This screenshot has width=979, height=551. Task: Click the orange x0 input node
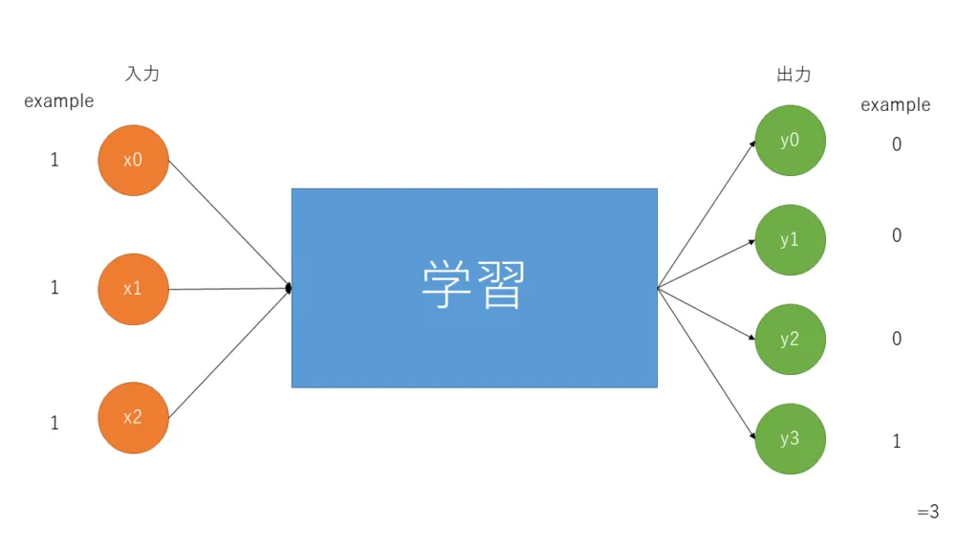pyautogui.click(x=133, y=160)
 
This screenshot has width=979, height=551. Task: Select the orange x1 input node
pyautogui.click(x=133, y=288)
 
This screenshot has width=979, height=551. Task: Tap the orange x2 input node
pyautogui.click(x=133, y=417)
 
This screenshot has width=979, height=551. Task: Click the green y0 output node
pyautogui.click(x=790, y=140)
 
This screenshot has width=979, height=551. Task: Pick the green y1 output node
pyautogui.click(x=790, y=240)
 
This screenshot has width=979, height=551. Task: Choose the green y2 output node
pyautogui.click(x=790, y=339)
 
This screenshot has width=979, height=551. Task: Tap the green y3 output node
pyautogui.click(x=790, y=439)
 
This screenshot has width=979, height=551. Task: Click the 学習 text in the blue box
pyautogui.click(x=474, y=285)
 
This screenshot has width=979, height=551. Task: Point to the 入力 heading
pyautogui.click(x=142, y=74)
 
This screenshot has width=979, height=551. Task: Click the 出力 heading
pyautogui.click(x=794, y=74)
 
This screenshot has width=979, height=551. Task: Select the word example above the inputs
pyautogui.click(x=59, y=101)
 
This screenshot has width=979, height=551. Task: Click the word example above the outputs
pyautogui.click(x=895, y=105)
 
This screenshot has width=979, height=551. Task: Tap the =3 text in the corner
pyautogui.click(x=927, y=513)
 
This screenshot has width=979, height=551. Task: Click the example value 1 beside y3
pyautogui.click(x=897, y=441)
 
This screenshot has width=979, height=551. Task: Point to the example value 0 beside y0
pyautogui.click(x=897, y=144)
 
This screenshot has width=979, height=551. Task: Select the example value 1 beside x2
pyautogui.click(x=54, y=423)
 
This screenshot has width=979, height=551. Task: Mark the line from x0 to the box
pyautogui.click(x=229, y=223)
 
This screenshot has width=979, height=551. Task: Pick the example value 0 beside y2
pyautogui.click(x=897, y=339)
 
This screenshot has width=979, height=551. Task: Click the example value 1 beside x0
pyautogui.click(x=54, y=161)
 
